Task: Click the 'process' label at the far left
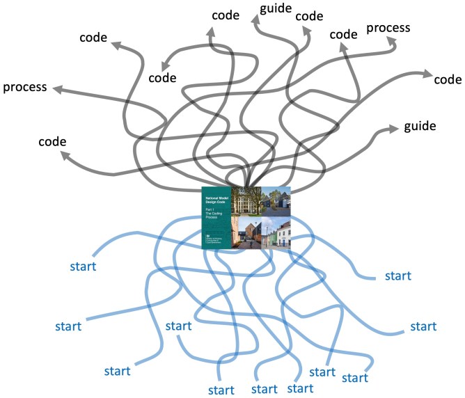click(25, 88)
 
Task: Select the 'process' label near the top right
click(388, 28)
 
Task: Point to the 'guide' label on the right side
click(420, 127)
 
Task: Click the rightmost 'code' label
click(448, 80)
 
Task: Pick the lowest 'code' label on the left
click(52, 141)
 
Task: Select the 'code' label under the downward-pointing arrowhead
click(163, 78)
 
